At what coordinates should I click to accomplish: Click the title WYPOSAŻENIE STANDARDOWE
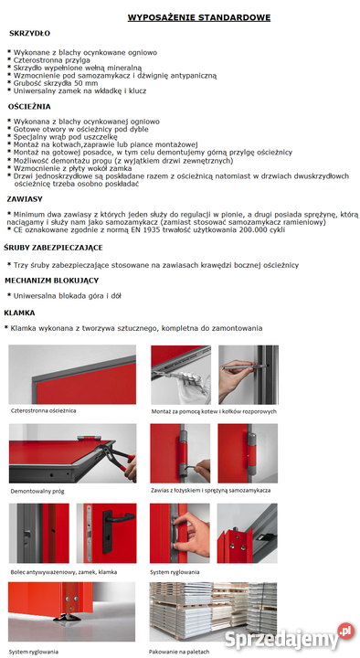tap(199, 17)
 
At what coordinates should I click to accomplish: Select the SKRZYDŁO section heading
tap(29, 34)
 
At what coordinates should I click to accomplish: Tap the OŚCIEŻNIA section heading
tap(29, 107)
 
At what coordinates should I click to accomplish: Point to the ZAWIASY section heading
tap(25, 199)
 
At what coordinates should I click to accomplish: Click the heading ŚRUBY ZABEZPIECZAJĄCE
tap(53, 248)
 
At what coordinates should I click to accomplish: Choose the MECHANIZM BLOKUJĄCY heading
tap(51, 281)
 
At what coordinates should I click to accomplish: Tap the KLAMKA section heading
tap(19, 313)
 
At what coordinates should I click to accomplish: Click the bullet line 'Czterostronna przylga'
tap(51, 60)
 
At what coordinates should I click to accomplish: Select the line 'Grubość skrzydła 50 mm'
tap(56, 83)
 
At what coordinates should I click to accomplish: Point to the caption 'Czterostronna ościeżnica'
tap(44, 410)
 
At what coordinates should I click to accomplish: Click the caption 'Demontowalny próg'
tap(37, 491)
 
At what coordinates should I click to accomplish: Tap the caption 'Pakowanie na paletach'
tap(179, 653)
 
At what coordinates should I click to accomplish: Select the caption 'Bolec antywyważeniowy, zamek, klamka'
tap(64, 572)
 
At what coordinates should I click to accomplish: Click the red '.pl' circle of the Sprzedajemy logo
tap(346, 631)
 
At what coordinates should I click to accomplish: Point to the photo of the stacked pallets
tap(213, 611)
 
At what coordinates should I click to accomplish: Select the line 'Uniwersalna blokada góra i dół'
tap(67, 296)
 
